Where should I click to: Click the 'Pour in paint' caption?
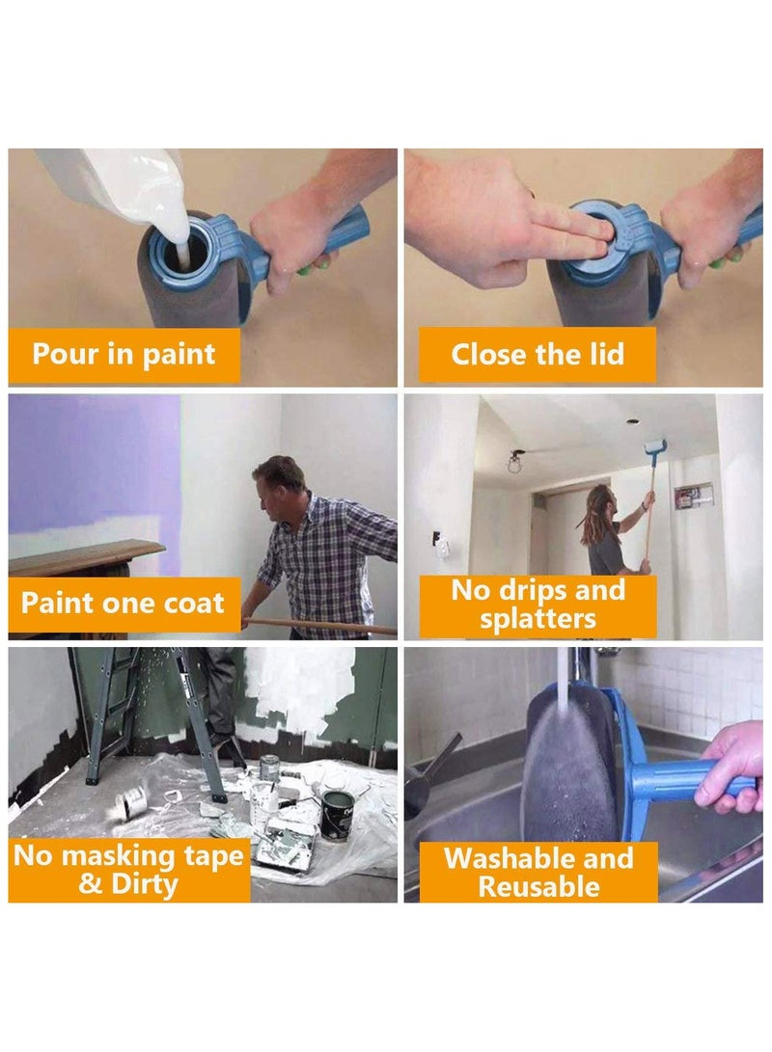124,354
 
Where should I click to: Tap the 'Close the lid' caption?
538,354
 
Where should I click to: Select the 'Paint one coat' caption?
123,604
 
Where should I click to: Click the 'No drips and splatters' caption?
538,604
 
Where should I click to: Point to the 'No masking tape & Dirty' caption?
128,869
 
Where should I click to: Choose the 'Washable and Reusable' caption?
538,872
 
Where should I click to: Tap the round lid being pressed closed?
592,236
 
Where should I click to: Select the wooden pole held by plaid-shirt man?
318,624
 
